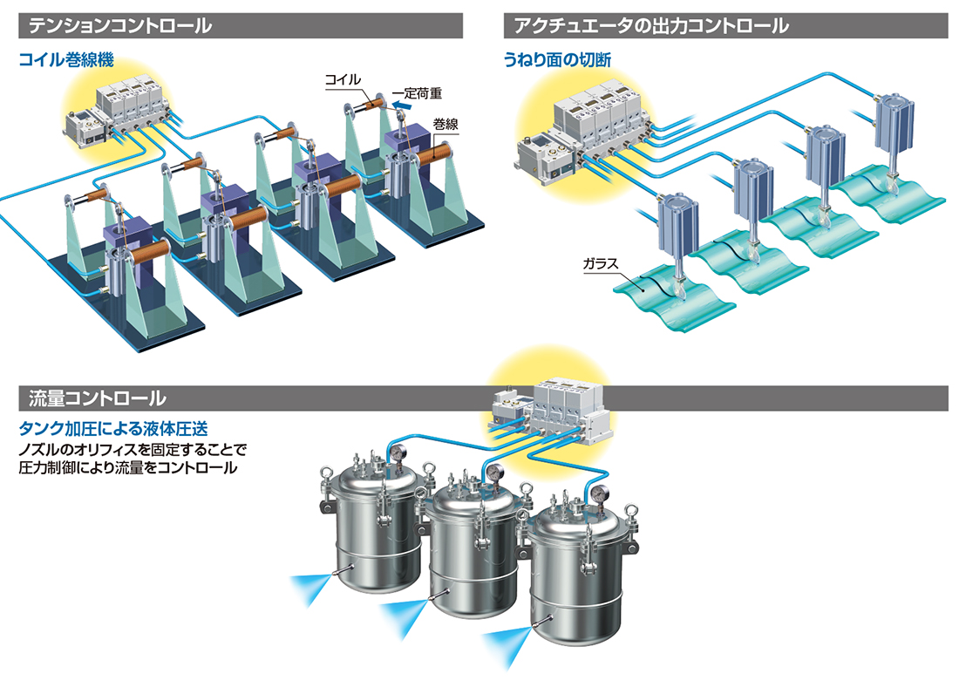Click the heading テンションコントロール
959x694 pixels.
[120, 25]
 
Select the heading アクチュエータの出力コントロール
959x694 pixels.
[651, 25]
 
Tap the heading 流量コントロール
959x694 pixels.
[98, 398]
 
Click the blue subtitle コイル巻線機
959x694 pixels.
[66, 60]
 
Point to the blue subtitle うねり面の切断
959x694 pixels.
[557, 60]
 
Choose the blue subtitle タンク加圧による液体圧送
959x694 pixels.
[113, 428]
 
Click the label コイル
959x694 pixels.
[343, 79]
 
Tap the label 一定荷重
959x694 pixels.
[417, 93]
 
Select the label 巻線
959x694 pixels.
[445, 124]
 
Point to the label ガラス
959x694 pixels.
[601, 263]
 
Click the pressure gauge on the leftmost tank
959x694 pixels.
[398, 452]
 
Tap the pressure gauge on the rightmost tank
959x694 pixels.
[601, 493]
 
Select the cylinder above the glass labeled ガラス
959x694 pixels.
[678, 226]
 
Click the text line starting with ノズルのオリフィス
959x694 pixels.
[133, 449]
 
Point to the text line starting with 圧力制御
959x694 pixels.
[128, 468]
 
